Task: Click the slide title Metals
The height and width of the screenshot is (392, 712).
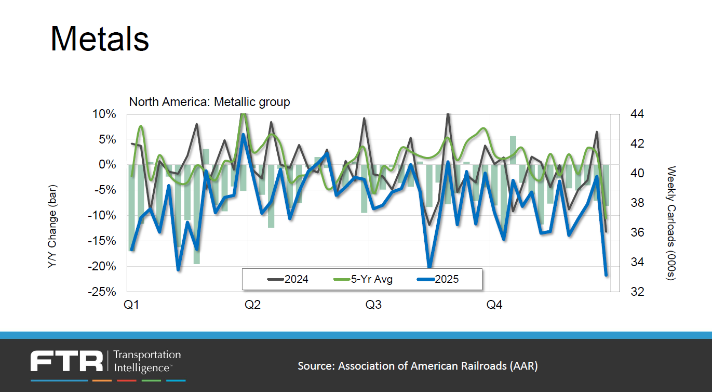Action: point(100,38)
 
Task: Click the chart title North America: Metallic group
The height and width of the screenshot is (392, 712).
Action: point(209,102)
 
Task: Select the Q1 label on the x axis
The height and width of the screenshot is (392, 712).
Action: point(131,305)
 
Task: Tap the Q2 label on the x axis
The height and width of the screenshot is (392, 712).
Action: point(252,305)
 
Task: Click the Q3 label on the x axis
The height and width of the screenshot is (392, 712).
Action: point(373,305)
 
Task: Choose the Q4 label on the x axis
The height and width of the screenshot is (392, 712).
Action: point(494,305)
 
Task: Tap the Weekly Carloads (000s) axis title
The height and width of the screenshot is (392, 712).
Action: point(670,224)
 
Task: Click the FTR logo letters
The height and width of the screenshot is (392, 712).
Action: point(66,361)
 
